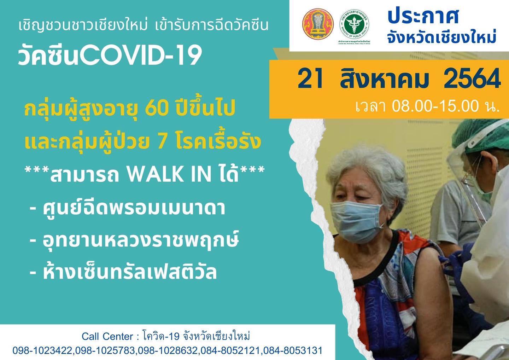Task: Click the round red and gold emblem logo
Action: [318, 24]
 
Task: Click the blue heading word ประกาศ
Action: [423, 16]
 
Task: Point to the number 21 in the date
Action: [310, 79]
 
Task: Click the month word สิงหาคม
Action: [384, 79]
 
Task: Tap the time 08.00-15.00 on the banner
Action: [435, 106]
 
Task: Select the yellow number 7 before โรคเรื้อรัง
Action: [164, 142]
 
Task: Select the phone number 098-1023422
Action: [43, 350]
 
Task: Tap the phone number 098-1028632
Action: [168, 350]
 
